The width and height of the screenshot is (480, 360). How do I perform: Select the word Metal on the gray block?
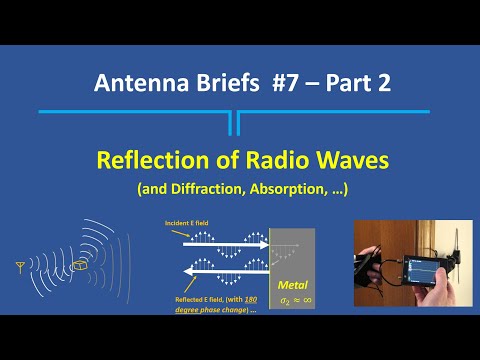[x=299, y=286]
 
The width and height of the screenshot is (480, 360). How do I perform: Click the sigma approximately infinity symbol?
[x=299, y=299]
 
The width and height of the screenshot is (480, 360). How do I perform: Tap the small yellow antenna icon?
[x=21, y=267]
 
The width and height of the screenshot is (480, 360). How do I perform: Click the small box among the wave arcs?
[x=80, y=264]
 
